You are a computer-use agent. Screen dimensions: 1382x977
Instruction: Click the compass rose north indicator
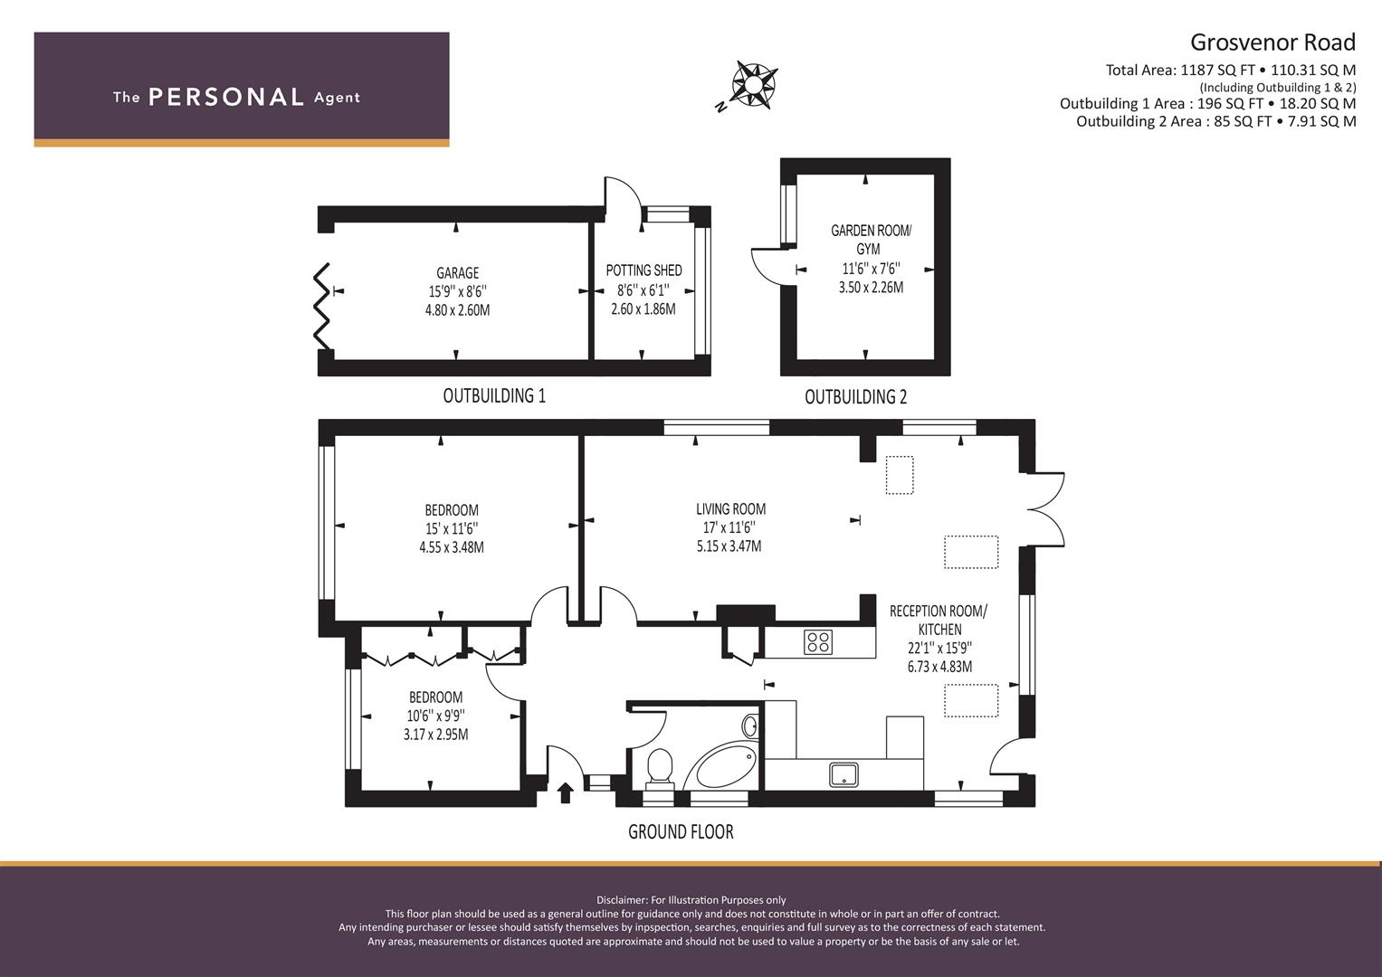coord(720,107)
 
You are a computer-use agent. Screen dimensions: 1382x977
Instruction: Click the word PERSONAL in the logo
coord(226,97)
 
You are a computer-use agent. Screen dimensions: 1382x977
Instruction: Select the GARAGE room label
coord(457,272)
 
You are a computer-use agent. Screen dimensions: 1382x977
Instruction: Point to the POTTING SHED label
coord(643,270)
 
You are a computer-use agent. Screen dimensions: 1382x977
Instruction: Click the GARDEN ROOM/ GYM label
coord(871,240)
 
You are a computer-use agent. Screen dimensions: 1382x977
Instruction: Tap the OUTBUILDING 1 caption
coord(494,395)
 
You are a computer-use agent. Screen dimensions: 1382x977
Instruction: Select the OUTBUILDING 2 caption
coord(856,396)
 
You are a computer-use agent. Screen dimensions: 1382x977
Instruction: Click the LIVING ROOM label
coord(730,508)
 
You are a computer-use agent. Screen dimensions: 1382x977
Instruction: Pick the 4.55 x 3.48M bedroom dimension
coord(451,547)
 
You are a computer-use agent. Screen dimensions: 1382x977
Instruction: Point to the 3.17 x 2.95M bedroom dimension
coord(435,734)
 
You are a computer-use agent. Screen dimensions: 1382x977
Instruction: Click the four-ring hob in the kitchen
coord(818,642)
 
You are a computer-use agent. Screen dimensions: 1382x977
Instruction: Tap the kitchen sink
coord(843,774)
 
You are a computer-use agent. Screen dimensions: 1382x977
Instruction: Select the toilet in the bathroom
coord(660,769)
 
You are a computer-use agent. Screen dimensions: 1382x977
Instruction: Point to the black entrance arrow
coord(565,793)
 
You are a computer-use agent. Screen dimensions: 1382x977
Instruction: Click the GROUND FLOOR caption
coord(681,832)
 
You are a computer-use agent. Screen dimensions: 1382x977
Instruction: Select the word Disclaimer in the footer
coord(621,900)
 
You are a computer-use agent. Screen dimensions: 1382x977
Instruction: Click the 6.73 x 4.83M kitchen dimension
coord(939,667)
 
